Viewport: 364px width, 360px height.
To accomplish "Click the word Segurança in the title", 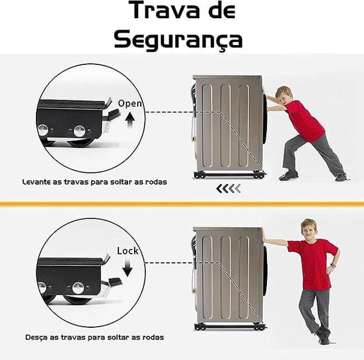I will tap(178, 38).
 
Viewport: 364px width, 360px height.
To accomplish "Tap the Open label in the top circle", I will tap(130, 103).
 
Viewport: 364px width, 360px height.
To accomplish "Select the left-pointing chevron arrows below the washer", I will tap(229, 189).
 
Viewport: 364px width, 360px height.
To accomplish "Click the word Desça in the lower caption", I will tap(38, 336).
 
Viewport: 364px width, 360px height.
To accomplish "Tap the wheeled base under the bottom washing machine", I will tap(226, 327).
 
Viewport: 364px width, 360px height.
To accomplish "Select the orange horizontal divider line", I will tap(182, 203).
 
